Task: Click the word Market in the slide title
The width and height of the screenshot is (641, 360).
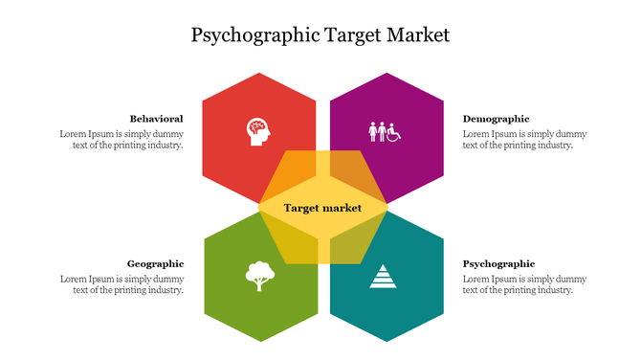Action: coord(417,35)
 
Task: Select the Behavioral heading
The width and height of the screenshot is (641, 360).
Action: coord(156,119)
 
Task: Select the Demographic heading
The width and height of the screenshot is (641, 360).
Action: coord(496,119)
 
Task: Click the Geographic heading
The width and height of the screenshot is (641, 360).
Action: coord(155,263)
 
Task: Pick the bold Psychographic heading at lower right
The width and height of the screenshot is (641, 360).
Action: coord(498,263)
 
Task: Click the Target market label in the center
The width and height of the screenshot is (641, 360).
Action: coord(322,208)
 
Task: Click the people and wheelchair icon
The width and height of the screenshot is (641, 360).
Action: coord(385,131)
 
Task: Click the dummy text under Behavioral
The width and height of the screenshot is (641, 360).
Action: coord(122,140)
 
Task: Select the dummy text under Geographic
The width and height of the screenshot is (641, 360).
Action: coord(122,284)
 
